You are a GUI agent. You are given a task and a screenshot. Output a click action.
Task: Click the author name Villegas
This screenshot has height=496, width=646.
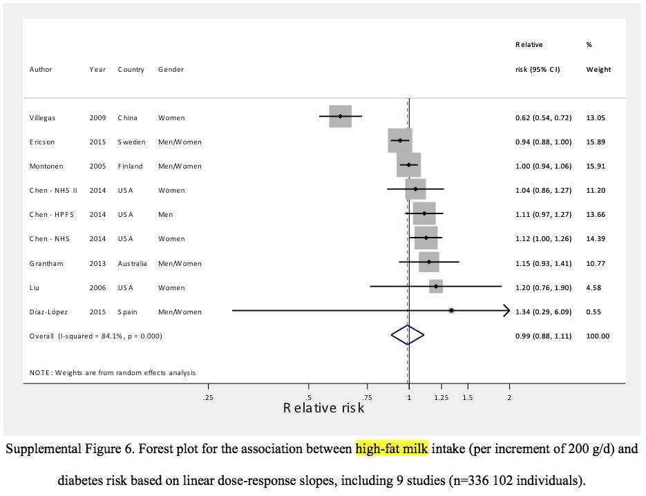tap(42, 118)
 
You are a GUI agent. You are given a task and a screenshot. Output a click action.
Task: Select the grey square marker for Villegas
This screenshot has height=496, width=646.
tap(341, 116)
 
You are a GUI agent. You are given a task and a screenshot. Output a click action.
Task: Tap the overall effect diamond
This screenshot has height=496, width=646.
tap(407, 335)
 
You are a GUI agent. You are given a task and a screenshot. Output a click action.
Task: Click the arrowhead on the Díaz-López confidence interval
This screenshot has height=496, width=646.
tap(506, 311)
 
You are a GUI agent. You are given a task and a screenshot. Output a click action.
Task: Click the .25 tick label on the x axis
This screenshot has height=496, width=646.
tap(208, 397)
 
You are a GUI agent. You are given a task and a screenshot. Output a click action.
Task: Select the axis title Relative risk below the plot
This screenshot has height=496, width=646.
tap(323, 408)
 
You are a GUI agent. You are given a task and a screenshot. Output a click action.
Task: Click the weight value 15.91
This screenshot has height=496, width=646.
tap(597, 166)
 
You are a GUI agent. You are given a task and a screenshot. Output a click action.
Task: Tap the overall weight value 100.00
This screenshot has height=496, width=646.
tap(598, 336)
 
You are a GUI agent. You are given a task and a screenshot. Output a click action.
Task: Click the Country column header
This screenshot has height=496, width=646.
tap(131, 70)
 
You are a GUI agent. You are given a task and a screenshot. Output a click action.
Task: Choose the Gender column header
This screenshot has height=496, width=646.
tap(171, 70)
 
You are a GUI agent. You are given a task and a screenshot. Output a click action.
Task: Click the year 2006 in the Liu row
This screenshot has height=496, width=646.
tap(97, 288)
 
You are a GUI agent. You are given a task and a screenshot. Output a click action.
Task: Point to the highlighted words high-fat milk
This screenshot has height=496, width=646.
tap(392, 449)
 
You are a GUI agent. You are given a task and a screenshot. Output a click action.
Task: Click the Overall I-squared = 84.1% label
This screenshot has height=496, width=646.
tap(95, 336)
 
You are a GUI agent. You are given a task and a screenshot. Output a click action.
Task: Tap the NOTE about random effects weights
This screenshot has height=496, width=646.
tap(113, 373)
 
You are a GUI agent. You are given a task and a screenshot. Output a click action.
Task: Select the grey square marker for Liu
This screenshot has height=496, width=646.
tap(436, 286)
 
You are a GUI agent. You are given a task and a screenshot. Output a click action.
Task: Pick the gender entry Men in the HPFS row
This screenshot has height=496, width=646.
tap(165, 215)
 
